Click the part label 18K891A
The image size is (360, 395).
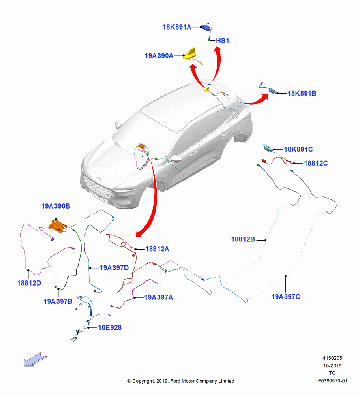click(177, 27)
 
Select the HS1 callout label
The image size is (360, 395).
click(223, 41)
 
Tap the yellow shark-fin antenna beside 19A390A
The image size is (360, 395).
click(191, 54)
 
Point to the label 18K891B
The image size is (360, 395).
click(302, 94)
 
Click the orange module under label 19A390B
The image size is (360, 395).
click(58, 226)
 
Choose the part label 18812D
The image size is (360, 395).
click(29, 283)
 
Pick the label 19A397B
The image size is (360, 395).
click(58, 301)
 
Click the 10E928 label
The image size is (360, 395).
click(110, 328)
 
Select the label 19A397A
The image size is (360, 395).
click(159, 297)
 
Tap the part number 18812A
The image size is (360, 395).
click(157, 249)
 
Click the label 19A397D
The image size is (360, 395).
click(114, 268)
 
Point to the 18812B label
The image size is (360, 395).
click(243, 239)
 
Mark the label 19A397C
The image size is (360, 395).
click(286, 297)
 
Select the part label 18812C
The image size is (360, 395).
click(316, 163)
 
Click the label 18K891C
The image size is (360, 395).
click(298, 149)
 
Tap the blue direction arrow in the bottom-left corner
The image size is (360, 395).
click(35, 360)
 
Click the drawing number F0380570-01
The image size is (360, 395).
click(332, 381)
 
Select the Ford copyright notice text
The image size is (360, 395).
click(181, 381)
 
